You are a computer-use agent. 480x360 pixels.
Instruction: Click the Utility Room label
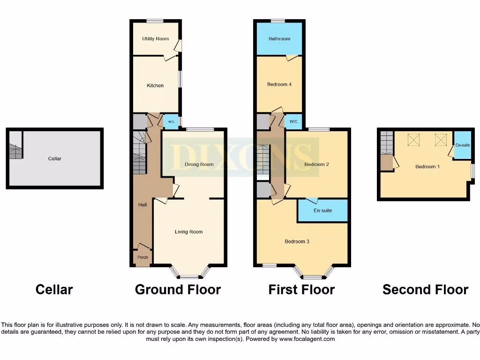pyautogui.click(x=155, y=38)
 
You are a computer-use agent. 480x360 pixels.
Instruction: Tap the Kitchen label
pyautogui.click(x=155, y=85)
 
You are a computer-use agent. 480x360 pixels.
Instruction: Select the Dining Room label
pyautogui.click(x=199, y=165)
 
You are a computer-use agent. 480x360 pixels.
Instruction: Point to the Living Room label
pyautogui.click(x=188, y=232)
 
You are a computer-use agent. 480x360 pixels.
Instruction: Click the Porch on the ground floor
pyautogui.click(x=142, y=257)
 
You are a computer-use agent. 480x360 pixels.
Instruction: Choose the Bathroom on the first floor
pyautogui.click(x=279, y=38)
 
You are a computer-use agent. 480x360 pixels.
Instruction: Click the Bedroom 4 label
pyautogui.click(x=279, y=84)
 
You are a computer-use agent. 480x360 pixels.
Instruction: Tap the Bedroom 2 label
pyautogui.click(x=316, y=165)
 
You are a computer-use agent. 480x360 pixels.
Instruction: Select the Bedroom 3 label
pyautogui.click(x=297, y=242)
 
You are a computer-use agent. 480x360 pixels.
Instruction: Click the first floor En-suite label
pyautogui.click(x=323, y=210)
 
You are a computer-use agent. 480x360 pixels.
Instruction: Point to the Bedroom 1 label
pyautogui.click(x=427, y=166)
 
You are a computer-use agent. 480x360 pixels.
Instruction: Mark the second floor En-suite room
pyautogui.click(x=462, y=145)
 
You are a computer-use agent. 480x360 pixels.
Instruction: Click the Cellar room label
pyautogui.click(x=55, y=158)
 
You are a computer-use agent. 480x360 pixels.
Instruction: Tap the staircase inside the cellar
pyautogui.click(x=15, y=151)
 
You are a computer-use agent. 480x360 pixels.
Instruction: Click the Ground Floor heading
pyautogui.click(x=178, y=290)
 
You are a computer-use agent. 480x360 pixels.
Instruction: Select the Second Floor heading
pyautogui.click(x=425, y=290)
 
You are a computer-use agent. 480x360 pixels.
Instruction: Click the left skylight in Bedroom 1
pyautogui.click(x=414, y=139)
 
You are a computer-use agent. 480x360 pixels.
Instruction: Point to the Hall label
pyautogui.click(x=142, y=205)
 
